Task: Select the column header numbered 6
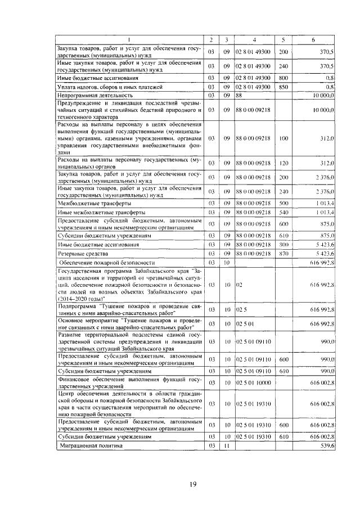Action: (313, 39)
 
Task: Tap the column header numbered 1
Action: (129, 39)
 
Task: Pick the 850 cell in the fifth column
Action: (283, 87)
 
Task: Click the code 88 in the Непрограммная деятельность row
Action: (239, 96)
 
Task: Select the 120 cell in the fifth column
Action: (283, 163)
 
